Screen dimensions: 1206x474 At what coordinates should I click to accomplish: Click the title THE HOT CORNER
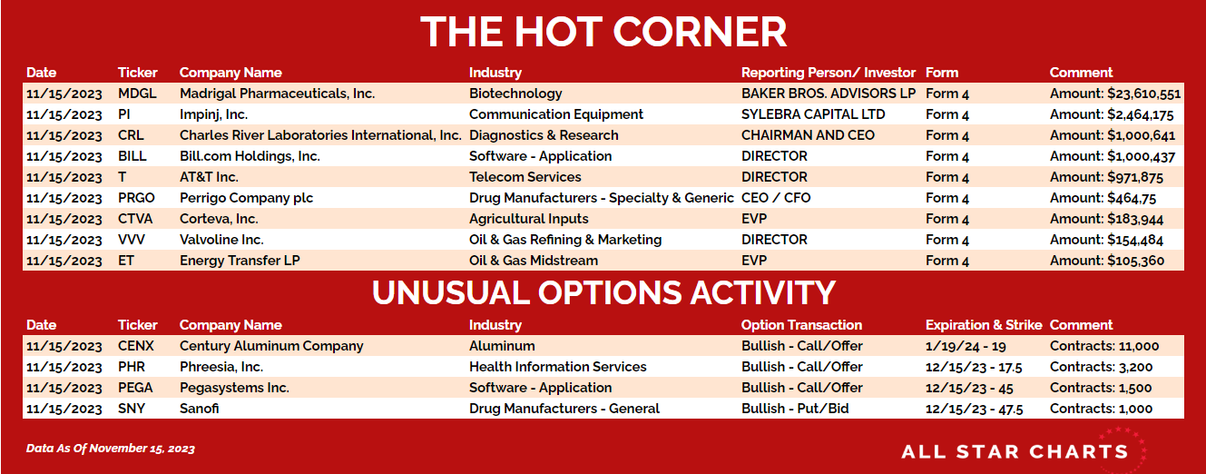coord(603,32)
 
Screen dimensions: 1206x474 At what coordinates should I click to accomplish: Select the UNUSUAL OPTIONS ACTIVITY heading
coord(603,292)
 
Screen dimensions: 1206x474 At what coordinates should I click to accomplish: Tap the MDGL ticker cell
coord(137,94)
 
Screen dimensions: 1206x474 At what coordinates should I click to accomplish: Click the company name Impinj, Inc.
coord(214,114)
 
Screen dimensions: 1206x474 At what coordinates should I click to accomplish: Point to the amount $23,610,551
coord(1143,94)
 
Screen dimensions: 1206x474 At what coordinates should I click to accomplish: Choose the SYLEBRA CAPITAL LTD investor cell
coord(813,114)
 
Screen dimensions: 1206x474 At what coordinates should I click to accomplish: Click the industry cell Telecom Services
coord(525,177)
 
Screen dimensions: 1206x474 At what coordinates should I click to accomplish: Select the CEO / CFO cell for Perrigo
coord(776,198)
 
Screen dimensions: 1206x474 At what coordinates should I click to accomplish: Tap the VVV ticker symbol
coord(132,240)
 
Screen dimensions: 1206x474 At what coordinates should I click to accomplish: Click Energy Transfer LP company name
coord(240,261)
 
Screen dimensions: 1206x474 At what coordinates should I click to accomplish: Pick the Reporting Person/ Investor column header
coord(829,73)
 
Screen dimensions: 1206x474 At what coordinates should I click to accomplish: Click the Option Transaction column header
coord(801,325)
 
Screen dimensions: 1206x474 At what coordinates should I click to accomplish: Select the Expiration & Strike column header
coord(984,325)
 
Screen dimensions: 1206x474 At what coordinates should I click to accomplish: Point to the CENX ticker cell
coord(136,346)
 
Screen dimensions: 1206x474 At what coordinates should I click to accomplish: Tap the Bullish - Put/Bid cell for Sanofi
coord(795,409)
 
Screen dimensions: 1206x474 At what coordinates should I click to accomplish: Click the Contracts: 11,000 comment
coord(1104,346)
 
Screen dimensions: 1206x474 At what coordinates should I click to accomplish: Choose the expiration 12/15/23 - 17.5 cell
coord(974,368)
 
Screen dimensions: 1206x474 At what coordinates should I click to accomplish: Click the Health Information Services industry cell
coord(558,367)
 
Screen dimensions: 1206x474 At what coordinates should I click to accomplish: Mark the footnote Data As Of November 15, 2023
coord(111,449)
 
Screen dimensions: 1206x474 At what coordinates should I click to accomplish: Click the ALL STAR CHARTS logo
coord(1023,450)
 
